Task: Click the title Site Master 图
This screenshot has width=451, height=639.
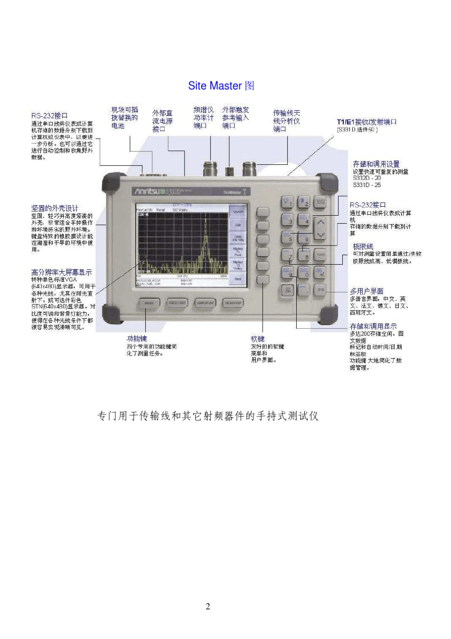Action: pyautogui.click(x=221, y=86)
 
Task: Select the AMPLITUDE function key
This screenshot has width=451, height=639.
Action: pyautogui.click(x=205, y=303)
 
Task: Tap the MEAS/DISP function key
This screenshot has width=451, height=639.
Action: pyautogui.click(x=233, y=303)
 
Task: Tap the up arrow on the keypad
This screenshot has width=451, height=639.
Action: pyautogui.click(x=321, y=222)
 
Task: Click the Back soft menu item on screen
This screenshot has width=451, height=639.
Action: pyautogui.click(x=238, y=278)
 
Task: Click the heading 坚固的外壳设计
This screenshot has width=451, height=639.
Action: pyautogui.click(x=55, y=208)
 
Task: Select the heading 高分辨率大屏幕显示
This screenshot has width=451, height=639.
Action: pyautogui.click(x=61, y=272)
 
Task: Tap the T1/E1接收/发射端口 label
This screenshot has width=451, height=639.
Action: pyautogui.click(x=366, y=122)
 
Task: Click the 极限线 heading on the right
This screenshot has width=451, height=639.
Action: pyautogui.click(x=363, y=247)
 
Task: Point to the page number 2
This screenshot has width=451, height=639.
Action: pyautogui.click(x=207, y=606)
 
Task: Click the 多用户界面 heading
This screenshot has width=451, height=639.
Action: pyautogui.click(x=366, y=291)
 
